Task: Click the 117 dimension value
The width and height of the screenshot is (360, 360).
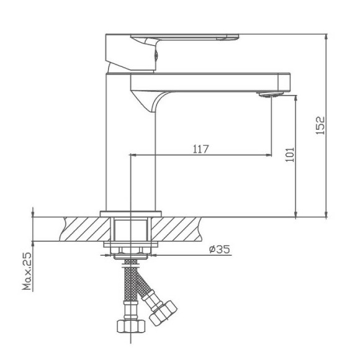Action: pyautogui.click(x=200, y=148)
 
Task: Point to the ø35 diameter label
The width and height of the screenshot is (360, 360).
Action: pyautogui.click(x=219, y=249)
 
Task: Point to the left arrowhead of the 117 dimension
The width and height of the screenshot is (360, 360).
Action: pyautogui.click(x=132, y=155)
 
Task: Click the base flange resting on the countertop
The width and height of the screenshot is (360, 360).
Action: pyautogui.click(x=130, y=214)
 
